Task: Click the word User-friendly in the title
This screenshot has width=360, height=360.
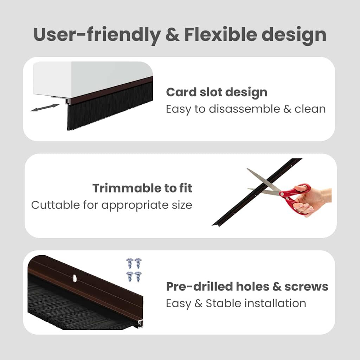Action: pos(96,34)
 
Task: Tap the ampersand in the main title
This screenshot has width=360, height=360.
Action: pos(173,34)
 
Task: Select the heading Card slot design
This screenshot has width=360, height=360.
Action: pos(217,92)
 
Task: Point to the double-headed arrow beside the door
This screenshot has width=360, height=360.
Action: pos(45,108)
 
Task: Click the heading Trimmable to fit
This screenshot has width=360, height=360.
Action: pos(142,188)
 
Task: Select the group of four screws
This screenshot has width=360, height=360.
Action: pos(134,270)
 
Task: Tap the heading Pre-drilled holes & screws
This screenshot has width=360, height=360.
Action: pos(247,287)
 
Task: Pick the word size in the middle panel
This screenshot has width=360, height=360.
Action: pos(181,205)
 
